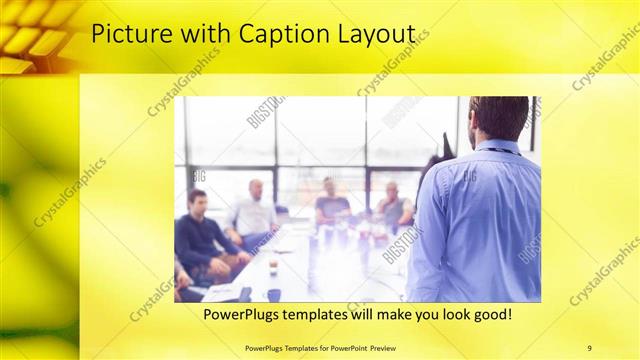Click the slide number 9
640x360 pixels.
coord(589,347)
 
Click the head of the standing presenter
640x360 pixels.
coord(498,117)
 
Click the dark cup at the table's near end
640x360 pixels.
coord(273,294)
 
